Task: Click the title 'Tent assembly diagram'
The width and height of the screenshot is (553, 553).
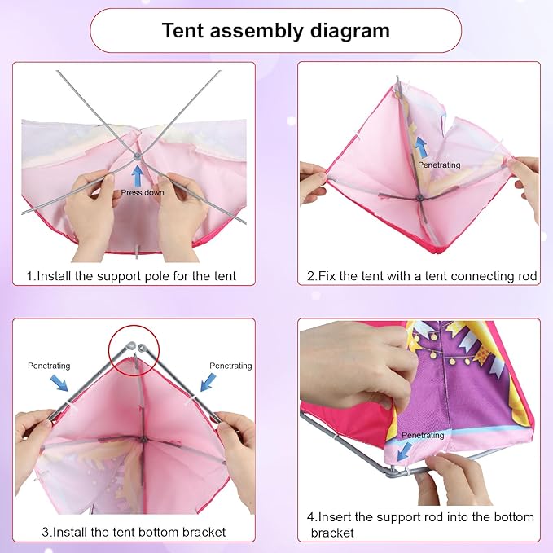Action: tap(276, 30)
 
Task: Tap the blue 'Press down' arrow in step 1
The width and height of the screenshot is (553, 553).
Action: tap(138, 177)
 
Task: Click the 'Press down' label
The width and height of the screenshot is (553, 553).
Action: tap(143, 192)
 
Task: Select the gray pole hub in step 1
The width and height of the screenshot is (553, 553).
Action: tap(137, 155)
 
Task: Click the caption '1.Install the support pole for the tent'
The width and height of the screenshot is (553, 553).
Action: tap(131, 276)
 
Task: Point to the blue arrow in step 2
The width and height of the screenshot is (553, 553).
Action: tap(420, 147)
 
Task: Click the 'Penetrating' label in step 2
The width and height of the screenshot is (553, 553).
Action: tap(439, 165)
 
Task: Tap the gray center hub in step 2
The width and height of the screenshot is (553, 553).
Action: tap(419, 198)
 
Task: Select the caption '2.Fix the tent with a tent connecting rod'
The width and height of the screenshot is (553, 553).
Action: tap(422, 276)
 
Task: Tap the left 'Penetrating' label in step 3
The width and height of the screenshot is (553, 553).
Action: tap(49, 366)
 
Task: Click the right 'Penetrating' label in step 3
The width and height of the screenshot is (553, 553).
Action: tap(230, 366)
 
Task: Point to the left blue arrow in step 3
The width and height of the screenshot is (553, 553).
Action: tap(59, 383)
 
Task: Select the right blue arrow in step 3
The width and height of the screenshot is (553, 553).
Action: tap(208, 382)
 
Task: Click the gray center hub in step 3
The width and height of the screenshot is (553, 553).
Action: tap(143, 440)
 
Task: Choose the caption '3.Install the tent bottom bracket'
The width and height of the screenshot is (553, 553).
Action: tap(134, 532)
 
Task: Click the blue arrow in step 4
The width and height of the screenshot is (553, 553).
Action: tap(405, 451)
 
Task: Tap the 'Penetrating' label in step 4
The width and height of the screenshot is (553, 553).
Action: tap(423, 435)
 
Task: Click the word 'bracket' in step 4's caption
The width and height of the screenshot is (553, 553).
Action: tap(332, 533)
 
